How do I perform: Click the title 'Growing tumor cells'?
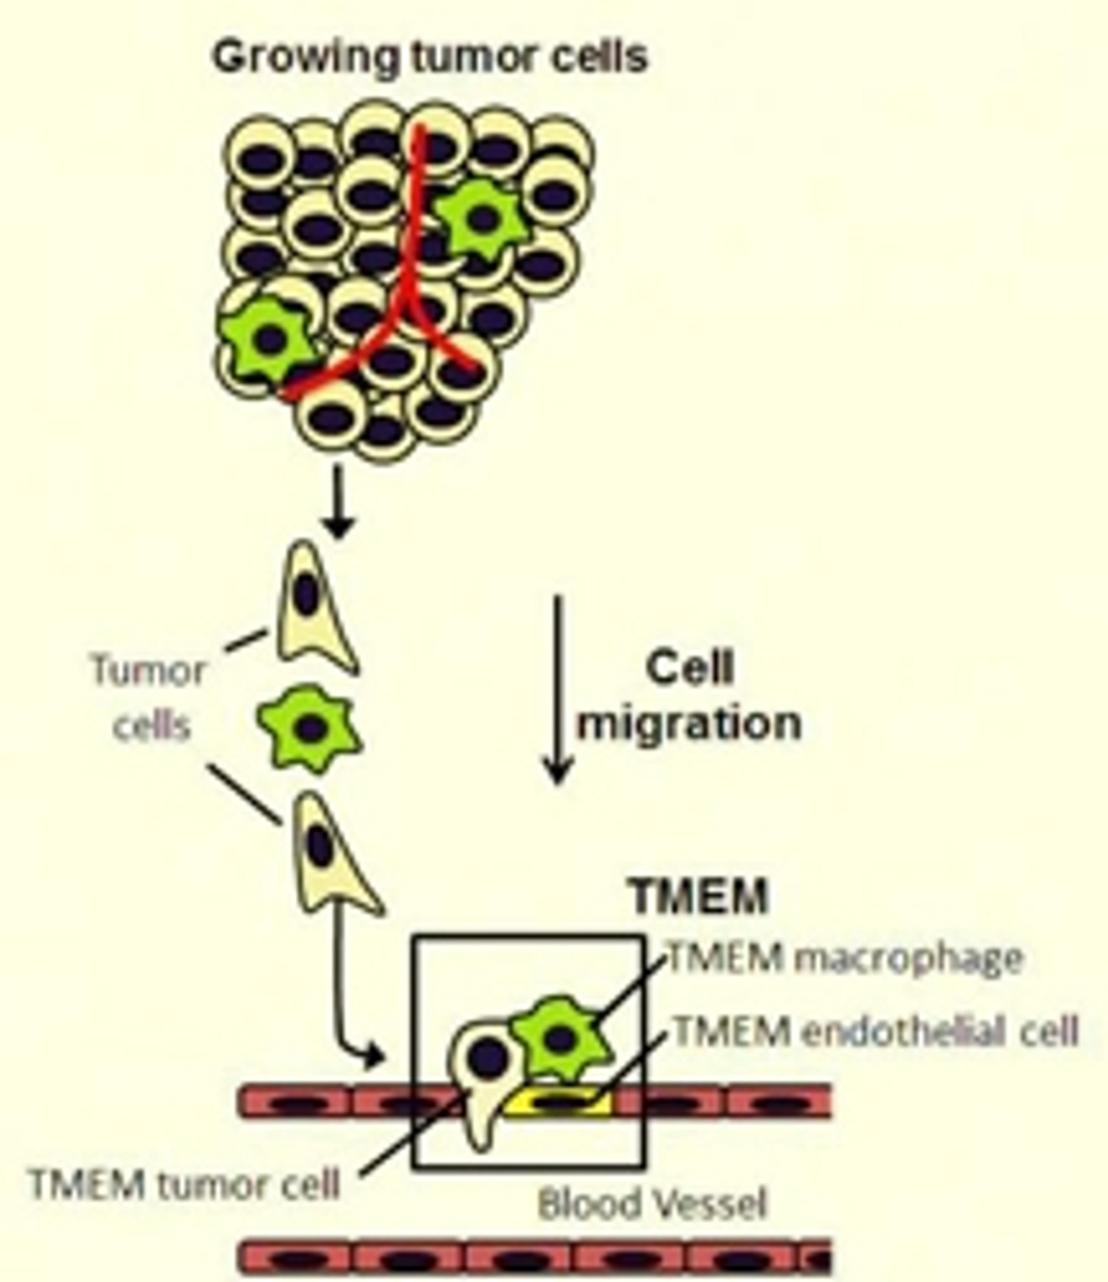(429, 57)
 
